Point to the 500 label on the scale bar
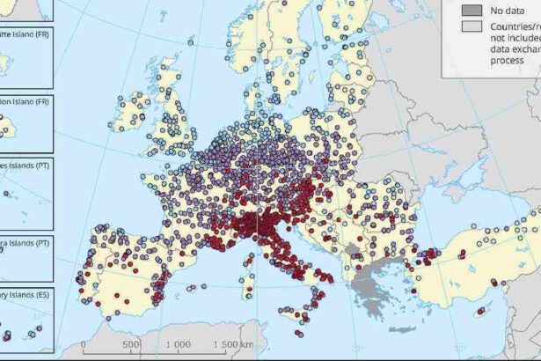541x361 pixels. tap(132, 344)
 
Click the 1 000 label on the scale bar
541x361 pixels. tap(179, 344)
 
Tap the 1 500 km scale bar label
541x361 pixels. tap(233, 344)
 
